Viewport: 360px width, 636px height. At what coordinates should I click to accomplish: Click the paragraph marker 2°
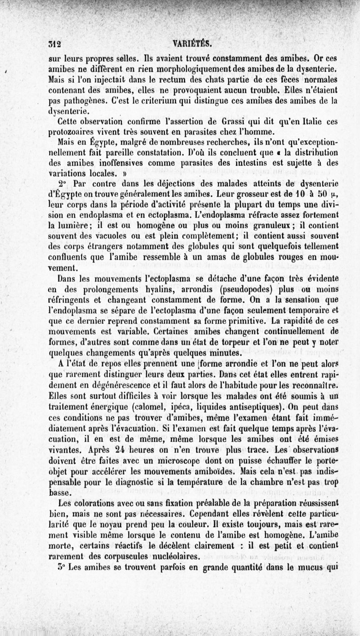[x=64, y=183]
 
